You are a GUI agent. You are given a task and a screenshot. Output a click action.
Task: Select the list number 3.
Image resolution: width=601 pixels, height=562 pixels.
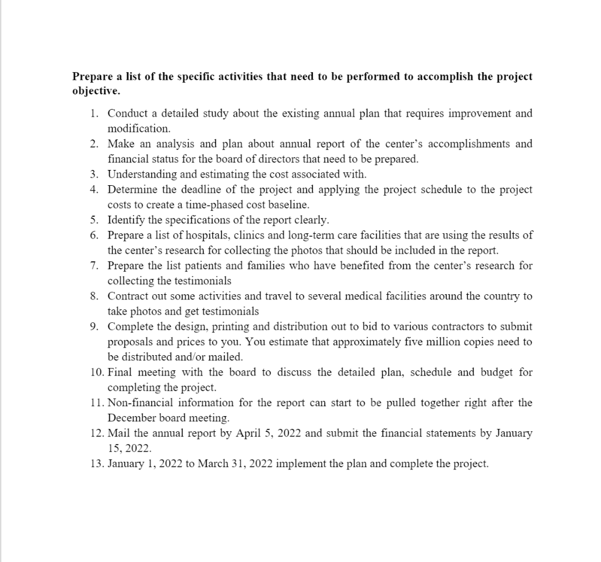(x=93, y=174)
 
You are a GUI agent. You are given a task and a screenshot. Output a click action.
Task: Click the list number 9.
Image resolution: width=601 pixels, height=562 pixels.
(x=93, y=326)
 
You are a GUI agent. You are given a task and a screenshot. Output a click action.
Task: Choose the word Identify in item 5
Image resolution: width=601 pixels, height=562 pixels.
(x=125, y=220)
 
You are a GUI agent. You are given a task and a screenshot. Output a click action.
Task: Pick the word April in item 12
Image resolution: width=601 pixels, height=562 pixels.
(x=247, y=433)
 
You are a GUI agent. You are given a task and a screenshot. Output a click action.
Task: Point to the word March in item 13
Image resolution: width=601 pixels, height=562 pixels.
(x=213, y=464)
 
